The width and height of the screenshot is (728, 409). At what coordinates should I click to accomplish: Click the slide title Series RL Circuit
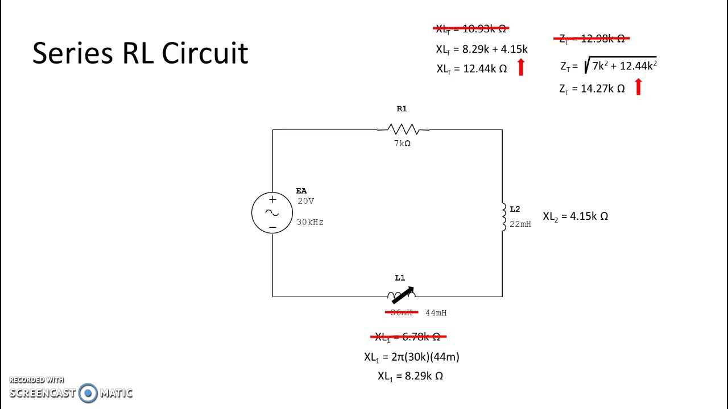(140, 53)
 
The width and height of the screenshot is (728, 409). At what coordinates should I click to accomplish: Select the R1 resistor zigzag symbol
(403, 130)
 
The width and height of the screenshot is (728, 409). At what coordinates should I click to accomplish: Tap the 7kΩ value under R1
(402, 144)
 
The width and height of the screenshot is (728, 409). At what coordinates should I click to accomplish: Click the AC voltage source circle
(272, 213)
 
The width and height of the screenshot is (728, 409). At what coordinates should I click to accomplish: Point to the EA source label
(301, 191)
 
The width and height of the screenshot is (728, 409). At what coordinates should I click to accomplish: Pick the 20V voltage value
(305, 201)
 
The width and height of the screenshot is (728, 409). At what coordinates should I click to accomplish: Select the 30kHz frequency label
(310, 222)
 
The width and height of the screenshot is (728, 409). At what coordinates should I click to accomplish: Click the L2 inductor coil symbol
(503, 216)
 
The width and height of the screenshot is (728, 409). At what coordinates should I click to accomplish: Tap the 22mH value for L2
(520, 224)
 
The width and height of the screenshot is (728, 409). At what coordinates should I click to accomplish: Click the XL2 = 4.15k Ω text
(575, 216)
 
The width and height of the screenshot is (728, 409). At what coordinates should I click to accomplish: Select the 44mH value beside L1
(436, 313)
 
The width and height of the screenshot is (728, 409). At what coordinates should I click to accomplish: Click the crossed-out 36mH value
(402, 312)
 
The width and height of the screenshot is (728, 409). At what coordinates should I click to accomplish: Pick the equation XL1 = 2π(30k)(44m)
(411, 357)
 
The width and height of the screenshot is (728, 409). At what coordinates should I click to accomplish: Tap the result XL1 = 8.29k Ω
(410, 376)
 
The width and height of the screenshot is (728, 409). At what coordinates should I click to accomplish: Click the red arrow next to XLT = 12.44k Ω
(520, 68)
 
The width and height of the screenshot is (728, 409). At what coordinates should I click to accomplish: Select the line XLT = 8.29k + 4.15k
(481, 49)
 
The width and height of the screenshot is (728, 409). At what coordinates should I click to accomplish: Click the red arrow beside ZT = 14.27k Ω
(638, 87)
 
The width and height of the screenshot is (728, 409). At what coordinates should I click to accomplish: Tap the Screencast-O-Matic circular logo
(88, 393)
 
